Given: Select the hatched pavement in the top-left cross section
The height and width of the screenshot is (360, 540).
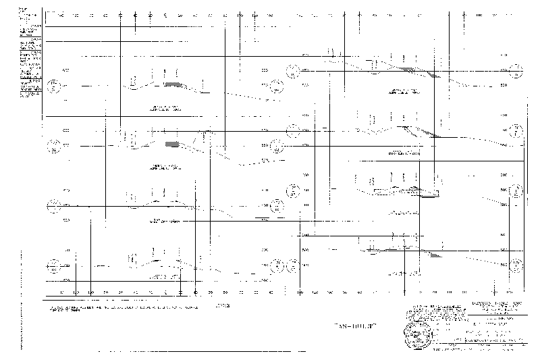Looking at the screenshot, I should (x=173, y=84).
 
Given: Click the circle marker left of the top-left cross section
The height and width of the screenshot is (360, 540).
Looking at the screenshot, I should (x=54, y=86).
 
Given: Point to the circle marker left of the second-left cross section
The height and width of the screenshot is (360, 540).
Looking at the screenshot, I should (x=54, y=145).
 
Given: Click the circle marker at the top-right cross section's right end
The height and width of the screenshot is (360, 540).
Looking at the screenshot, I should (x=516, y=69).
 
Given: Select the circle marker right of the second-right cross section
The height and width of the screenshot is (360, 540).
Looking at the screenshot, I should (x=516, y=131).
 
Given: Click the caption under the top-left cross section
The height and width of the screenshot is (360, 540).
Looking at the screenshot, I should (x=165, y=109).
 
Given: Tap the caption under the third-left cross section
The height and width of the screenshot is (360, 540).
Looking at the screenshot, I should (x=165, y=222).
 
